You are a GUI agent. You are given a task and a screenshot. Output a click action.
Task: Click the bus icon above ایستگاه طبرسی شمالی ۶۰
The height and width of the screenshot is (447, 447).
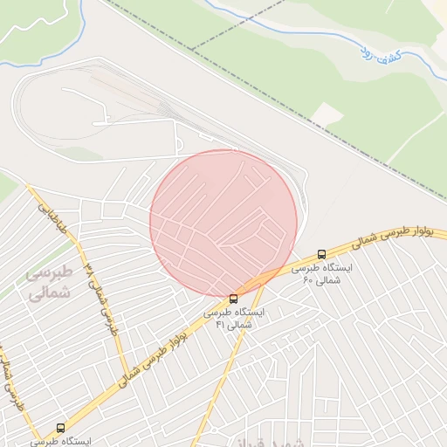322,254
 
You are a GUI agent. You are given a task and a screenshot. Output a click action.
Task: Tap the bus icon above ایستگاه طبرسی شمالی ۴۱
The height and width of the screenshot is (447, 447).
232,299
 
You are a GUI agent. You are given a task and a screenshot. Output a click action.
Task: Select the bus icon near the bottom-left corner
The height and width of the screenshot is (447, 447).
60,428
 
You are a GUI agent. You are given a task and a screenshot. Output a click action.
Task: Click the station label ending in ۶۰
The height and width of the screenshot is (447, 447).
322,274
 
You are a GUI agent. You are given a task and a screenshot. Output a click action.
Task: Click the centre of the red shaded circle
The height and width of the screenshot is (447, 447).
223,223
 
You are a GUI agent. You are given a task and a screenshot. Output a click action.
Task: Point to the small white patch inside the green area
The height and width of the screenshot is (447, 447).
327,113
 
